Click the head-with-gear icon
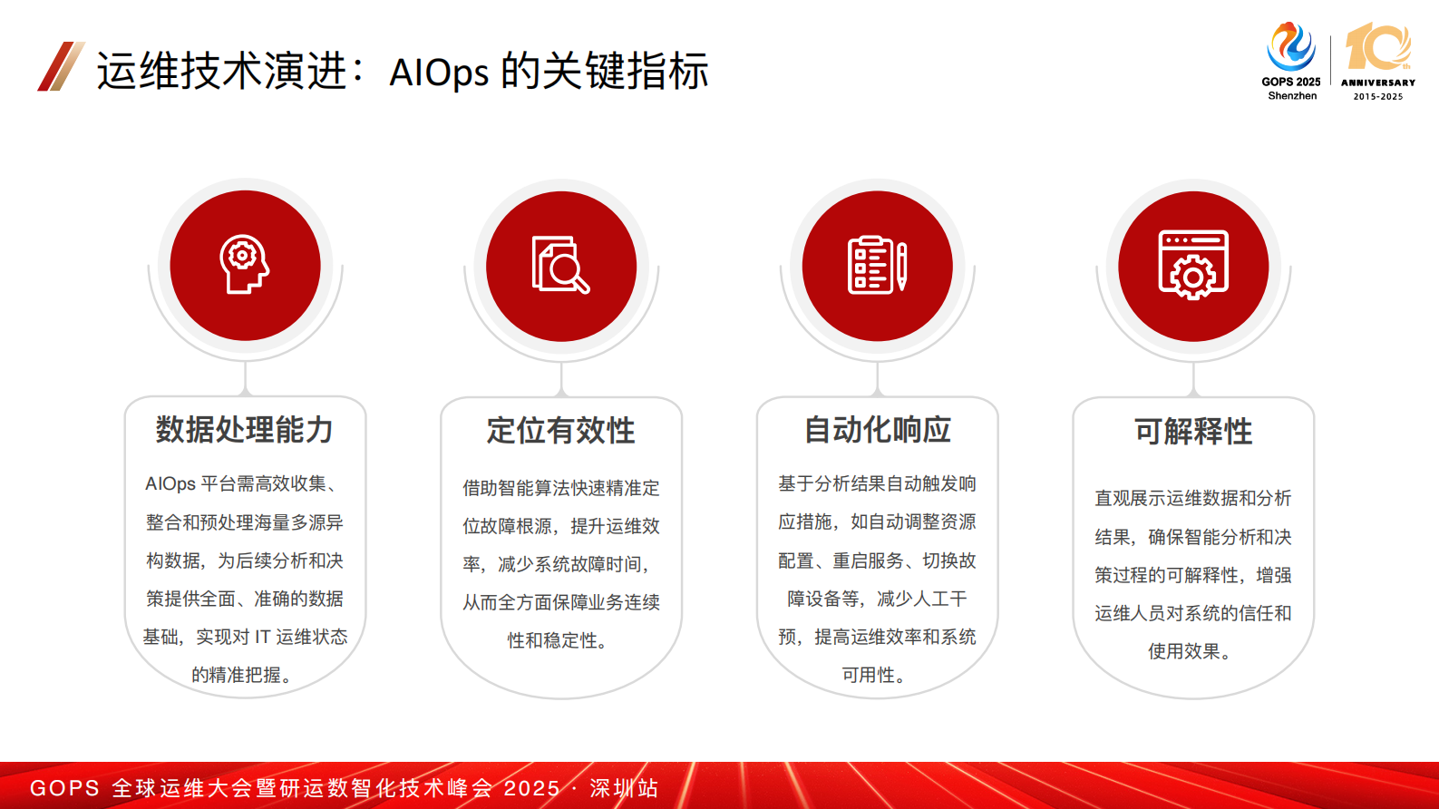244,264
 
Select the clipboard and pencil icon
877,265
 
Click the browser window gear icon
1193,265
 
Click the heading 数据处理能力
244,429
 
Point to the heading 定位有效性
561,430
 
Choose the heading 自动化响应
877,429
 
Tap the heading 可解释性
1193,431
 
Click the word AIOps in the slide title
439,72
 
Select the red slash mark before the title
61,66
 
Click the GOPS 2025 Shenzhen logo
1291,61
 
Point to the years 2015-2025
1378,96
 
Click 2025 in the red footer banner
532,788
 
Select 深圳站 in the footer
624,788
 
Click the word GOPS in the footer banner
65,788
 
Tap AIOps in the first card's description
170,483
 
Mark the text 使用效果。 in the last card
1189,651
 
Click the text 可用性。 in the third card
873,675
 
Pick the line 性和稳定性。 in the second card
557,640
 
